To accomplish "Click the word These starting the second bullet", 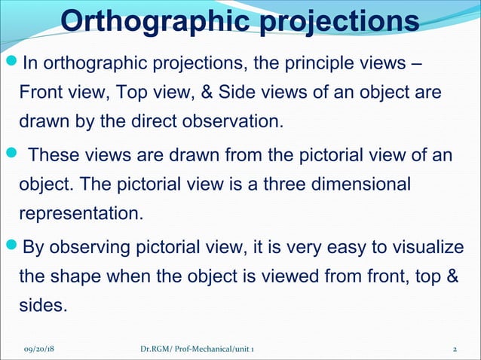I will [55, 154].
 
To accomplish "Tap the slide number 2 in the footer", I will [455, 350].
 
